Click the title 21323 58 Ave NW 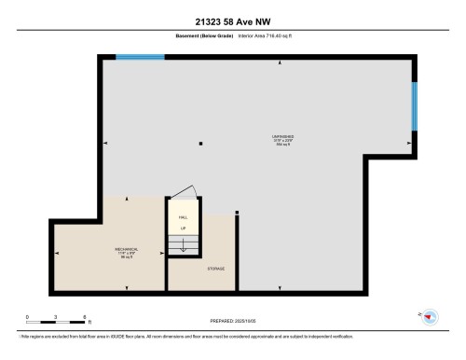coord(232,21)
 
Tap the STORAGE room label coord(215,269)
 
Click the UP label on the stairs coord(183,228)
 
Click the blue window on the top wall coord(140,57)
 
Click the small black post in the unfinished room coord(200,143)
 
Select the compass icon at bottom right coord(430,317)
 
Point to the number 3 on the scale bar coord(56,316)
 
